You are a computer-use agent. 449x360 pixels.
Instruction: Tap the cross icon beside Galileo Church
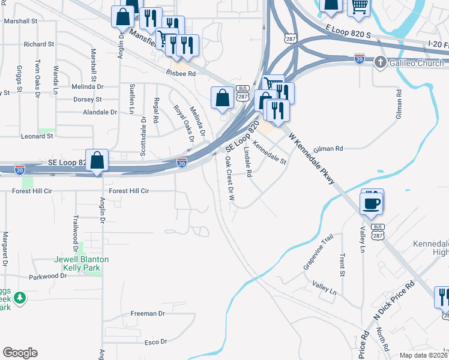point(379,62)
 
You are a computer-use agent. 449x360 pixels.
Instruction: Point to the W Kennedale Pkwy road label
point(310,158)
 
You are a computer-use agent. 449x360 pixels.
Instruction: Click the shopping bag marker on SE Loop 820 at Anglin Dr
point(97,160)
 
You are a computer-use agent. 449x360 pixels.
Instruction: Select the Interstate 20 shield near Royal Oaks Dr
point(182,163)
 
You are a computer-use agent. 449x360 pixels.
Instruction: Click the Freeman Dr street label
point(148,313)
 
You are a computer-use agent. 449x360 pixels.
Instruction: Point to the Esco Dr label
point(155,342)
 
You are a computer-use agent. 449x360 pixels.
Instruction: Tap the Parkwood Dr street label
point(48,277)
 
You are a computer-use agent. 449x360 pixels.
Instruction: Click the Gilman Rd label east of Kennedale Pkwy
point(328,148)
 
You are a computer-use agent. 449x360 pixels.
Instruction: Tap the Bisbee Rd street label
point(181,74)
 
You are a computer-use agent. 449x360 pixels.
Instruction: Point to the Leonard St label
point(37,136)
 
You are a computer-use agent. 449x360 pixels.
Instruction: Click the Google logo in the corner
point(20,353)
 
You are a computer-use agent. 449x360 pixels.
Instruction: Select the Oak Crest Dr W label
point(229,178)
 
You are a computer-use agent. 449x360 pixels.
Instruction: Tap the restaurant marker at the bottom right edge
point(443,297)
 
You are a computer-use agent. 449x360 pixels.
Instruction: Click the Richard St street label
point(39,44)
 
